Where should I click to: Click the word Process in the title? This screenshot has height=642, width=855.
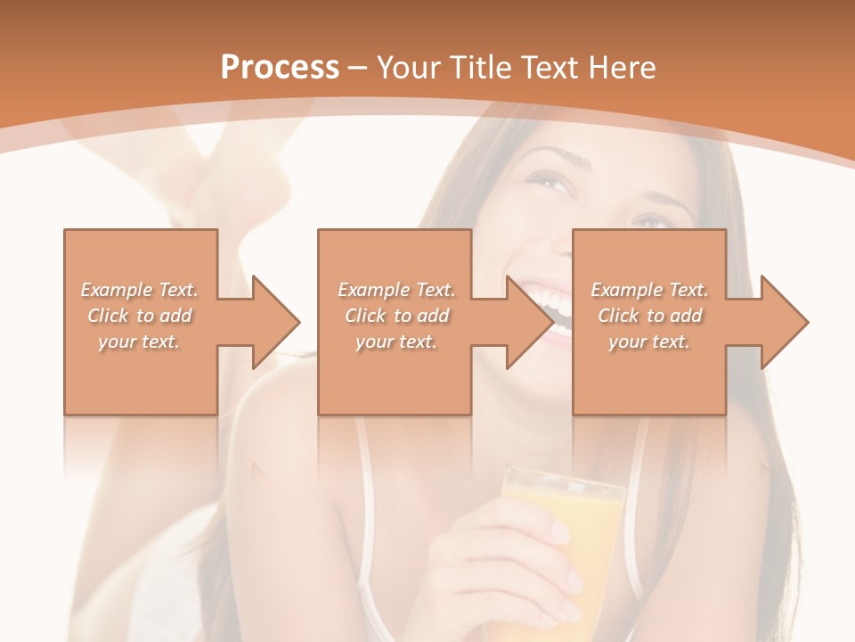coord(280,68)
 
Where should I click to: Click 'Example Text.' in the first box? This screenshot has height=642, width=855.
coord(139,290)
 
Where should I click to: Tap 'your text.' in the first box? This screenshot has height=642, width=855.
coord(139,342)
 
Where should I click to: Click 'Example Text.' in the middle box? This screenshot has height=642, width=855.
coord(396,290)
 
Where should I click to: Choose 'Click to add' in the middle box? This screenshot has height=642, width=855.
coord(396,316)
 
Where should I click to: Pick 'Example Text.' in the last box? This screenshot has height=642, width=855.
coord(649,290)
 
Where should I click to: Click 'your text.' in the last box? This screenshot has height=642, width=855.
coord(649,342)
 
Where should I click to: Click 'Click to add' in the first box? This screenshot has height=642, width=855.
coord(139,316)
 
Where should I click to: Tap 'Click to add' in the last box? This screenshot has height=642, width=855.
coord(649,316)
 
